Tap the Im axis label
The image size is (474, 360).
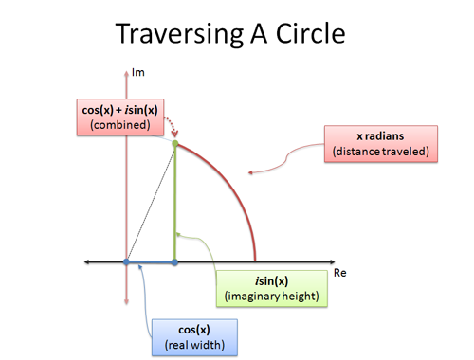(x=138, y=72)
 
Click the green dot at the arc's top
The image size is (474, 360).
(x=175, y=143)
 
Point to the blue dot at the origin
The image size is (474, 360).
(x=126, y=261)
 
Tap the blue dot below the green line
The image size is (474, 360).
(x=175, y=261)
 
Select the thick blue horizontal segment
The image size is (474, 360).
(x=151, y=261)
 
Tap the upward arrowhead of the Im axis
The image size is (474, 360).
(x=126, y=71)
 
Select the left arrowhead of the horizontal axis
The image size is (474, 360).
(x=87, y=261)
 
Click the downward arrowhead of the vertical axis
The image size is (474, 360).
(x=126, y=302)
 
